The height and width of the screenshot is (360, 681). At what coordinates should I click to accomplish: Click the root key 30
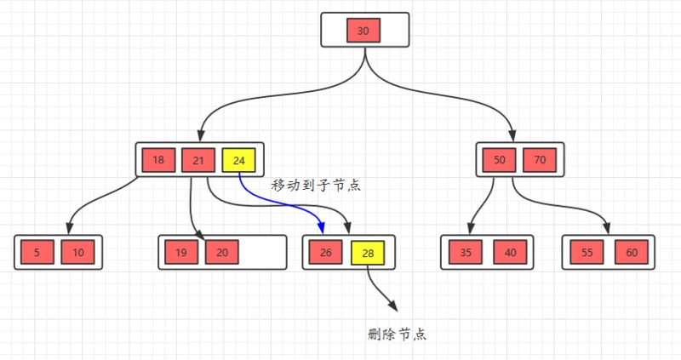(x=363, y=31)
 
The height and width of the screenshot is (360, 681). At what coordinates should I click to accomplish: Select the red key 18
(x=158, y=160)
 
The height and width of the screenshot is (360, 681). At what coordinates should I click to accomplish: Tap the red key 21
(x=197, y=160)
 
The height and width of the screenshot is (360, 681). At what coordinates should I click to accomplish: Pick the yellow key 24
(x=238, y=160)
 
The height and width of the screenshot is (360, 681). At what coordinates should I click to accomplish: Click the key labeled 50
(x=499, y=160)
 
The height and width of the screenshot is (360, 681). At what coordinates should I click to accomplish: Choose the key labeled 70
(x=540, y=160)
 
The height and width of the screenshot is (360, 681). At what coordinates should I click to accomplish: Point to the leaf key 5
(x=37, y=253)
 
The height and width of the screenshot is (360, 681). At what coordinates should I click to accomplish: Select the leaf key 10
(x=78, y=253)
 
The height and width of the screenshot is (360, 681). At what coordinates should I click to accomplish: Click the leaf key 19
(x=181, y=253)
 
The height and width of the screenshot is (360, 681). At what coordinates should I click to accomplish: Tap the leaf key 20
(x=222, y=253)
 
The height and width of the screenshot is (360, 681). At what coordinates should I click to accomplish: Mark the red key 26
(x=326, y=253)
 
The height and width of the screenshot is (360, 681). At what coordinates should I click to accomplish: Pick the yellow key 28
(x=367, y=253)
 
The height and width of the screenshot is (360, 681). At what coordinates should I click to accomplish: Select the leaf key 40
(x=510, y=253)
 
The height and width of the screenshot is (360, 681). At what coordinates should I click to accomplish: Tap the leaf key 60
(x=631, y=253)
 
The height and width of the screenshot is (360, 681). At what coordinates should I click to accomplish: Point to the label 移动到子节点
(x=316, y=185)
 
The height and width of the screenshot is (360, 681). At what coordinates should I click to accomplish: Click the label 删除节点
(x=398, y=334)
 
